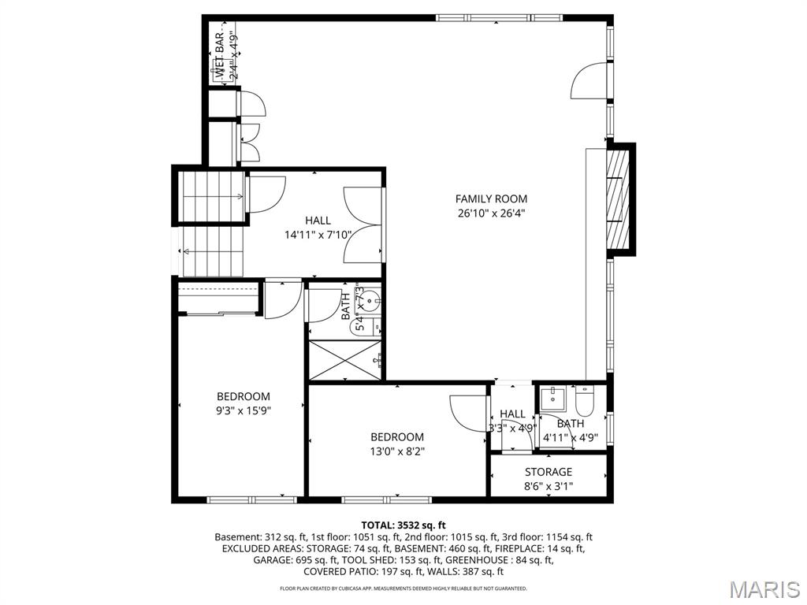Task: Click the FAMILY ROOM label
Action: [x=491, y=199]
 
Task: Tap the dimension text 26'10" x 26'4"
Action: [x=491, y=213]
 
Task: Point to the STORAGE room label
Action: [x=549, y=473]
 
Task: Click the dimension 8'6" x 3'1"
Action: [x=549, y=486]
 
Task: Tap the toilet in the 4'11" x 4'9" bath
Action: [x=585, y=402]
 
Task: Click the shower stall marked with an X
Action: [x=345, y=359]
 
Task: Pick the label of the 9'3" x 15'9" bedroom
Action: [x=244, y=397]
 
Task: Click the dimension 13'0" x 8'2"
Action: [x=397, y=451]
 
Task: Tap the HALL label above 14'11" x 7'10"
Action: [x=318, y=221]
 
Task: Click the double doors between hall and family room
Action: [x=363, y=224]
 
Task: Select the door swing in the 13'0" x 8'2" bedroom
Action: [x=467, y=414]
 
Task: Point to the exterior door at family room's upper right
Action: [x=589, y=82]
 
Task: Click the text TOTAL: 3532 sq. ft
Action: [x=403, y=525]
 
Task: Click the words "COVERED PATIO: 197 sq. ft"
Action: [x=358, y=571]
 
